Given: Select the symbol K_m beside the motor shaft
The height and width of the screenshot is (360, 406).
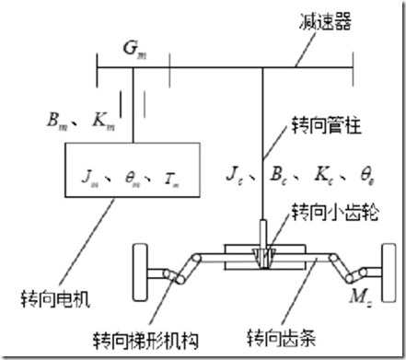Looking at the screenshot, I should pyautogui.click(x=102, y=119).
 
